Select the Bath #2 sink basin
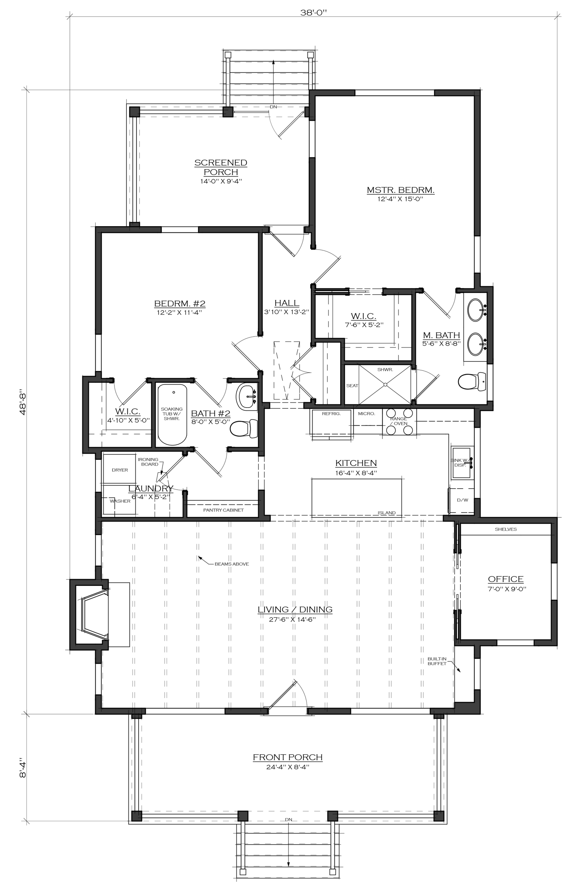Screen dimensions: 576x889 tap(247, 397)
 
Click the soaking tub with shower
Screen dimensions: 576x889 tap(172, 415)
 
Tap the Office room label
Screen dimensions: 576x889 tap(505, 579)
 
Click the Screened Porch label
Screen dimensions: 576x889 tap(220, 167)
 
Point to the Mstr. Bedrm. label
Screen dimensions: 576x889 tap(400, 190)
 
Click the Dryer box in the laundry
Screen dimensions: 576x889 tap(120, 470)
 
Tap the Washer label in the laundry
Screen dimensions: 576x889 tap(120, 501)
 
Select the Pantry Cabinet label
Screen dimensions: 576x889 tap(223, 510)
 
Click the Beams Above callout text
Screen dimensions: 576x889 tap(231, 564)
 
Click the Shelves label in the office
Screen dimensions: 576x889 tap(506, 529)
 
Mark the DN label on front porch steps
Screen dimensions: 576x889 tap(288, 820)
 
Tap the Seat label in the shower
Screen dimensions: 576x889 tap(352, 386)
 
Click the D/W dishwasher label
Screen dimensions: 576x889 tap(463, 500)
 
